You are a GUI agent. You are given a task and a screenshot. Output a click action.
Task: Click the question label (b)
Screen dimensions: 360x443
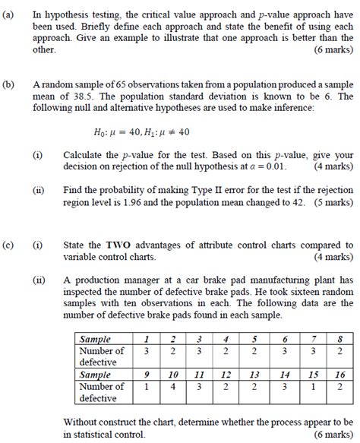(9, 85)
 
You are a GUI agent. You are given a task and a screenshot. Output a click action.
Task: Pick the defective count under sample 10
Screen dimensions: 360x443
(173, 387)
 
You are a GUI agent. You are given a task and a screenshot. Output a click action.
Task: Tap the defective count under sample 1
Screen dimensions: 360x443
(145, 351)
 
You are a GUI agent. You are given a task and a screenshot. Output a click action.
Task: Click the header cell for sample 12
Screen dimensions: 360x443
(226, 375)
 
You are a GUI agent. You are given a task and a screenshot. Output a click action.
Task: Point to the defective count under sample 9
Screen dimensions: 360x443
(145, 387)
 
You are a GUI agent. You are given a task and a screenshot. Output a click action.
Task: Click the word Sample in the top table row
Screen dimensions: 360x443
(95, 339)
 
